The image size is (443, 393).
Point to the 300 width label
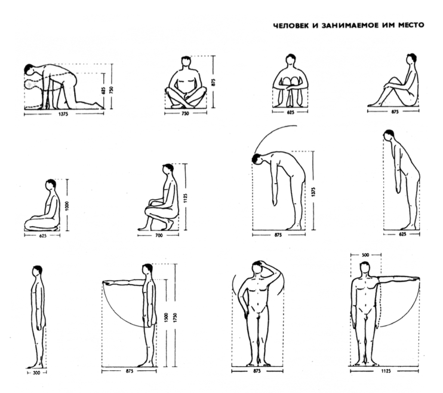coord(37,373)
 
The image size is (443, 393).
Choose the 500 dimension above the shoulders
coord(365,255)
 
